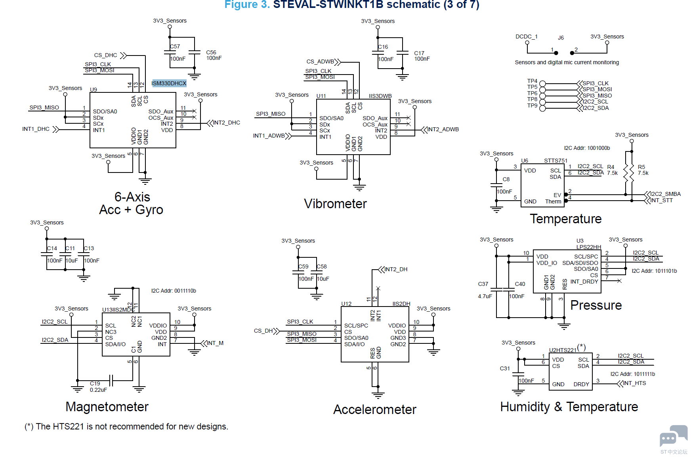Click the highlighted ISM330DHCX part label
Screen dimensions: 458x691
pos(169,83)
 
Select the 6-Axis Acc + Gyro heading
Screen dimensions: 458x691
pos(131,203)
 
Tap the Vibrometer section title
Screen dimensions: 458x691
pos(335,204)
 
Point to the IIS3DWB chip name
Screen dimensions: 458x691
pos(380,96)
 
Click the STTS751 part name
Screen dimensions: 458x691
pos(555,161)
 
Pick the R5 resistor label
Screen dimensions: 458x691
pos(641,167)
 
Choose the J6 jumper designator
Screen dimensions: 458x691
pos(561,38)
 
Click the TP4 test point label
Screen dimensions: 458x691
pos(532,81)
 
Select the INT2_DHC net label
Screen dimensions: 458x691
pos(227,123)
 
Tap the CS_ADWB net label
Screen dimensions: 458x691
pos(320,61)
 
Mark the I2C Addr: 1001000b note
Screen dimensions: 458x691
pos(587,148)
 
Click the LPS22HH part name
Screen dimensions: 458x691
pos(588,247)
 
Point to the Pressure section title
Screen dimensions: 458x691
pos(596,305)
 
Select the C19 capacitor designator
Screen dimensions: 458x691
pos(95,383)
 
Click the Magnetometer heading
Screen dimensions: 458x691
pos(107,407)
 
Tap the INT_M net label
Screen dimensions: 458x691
pos(215,343)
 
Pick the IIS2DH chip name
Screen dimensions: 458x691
pos(401,304)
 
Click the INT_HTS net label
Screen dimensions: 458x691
pos(634,383)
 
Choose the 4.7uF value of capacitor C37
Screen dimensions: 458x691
pos(485,296)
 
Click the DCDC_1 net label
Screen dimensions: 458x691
pos(526,36)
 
